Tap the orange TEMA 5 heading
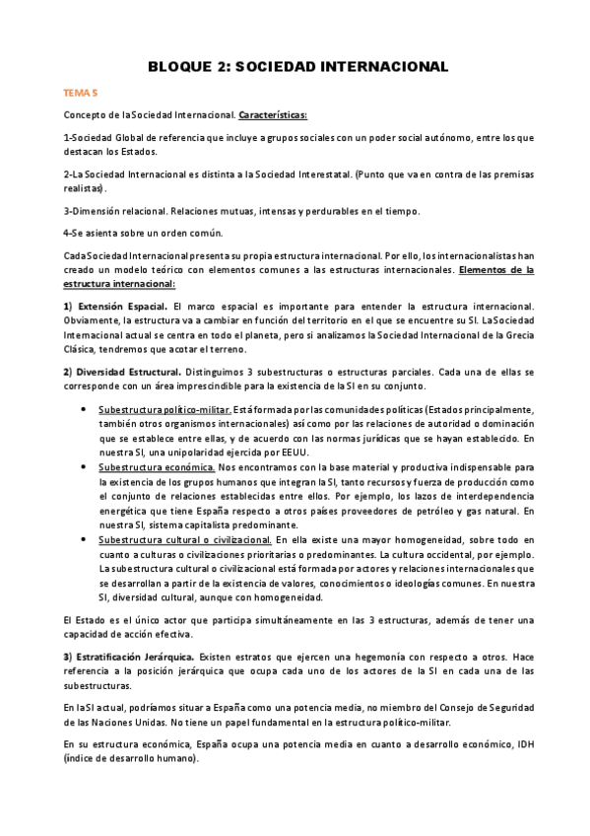pyautogui.click(x=80, y=95)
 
